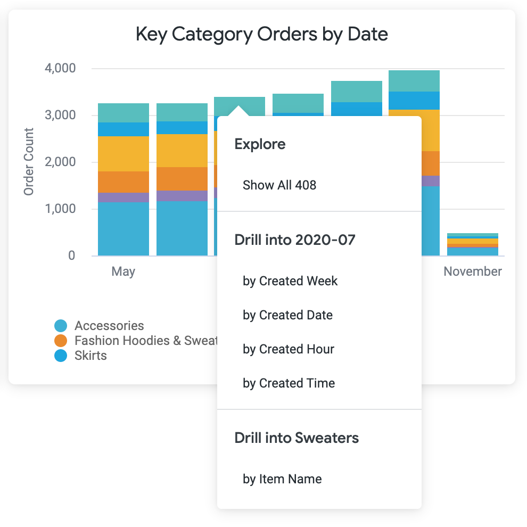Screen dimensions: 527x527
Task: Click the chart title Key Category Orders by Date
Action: point(261,35)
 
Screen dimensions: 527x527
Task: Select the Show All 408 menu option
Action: point(279,185)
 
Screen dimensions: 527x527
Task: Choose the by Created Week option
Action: point(290,281)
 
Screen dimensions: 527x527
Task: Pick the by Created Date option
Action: point(287,315)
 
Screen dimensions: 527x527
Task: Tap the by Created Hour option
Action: point(289,349)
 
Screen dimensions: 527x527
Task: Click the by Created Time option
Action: point(289,383)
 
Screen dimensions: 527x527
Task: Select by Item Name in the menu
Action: point(282,479)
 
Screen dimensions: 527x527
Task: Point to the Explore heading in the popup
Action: point(260,144)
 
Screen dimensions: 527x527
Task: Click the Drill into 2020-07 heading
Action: point(294,240)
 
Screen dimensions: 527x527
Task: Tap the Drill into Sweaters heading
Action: point(297,438)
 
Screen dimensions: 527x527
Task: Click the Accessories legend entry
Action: point(109,326)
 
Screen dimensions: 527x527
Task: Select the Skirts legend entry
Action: point(90,356)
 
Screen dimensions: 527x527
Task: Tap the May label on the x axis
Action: point(123,271)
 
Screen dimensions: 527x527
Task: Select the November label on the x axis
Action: point(473,271)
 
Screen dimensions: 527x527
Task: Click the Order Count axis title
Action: point(29,161)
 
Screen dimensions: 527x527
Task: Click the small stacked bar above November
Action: point(473,244)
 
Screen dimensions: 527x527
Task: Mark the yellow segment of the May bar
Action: point(123,154)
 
